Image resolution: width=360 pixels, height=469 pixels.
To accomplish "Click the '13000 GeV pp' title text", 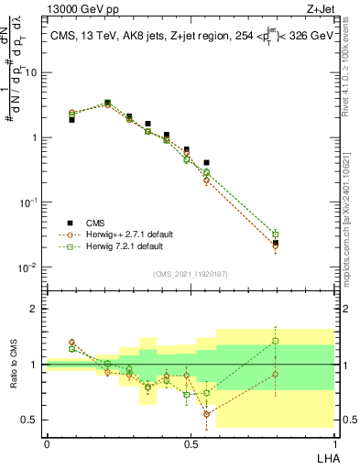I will [x=83, y=10].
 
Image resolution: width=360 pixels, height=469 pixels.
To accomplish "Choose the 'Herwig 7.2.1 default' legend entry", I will [x=118, y=246].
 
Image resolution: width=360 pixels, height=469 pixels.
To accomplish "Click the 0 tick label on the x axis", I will [x=47, y=443].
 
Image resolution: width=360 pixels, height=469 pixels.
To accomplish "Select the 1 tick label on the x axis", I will [x=334, y=443].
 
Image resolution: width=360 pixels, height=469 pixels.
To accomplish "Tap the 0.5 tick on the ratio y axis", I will [x=30, y=420].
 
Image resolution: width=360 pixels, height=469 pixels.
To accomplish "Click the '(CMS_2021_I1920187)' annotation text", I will [x=191, y=273].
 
